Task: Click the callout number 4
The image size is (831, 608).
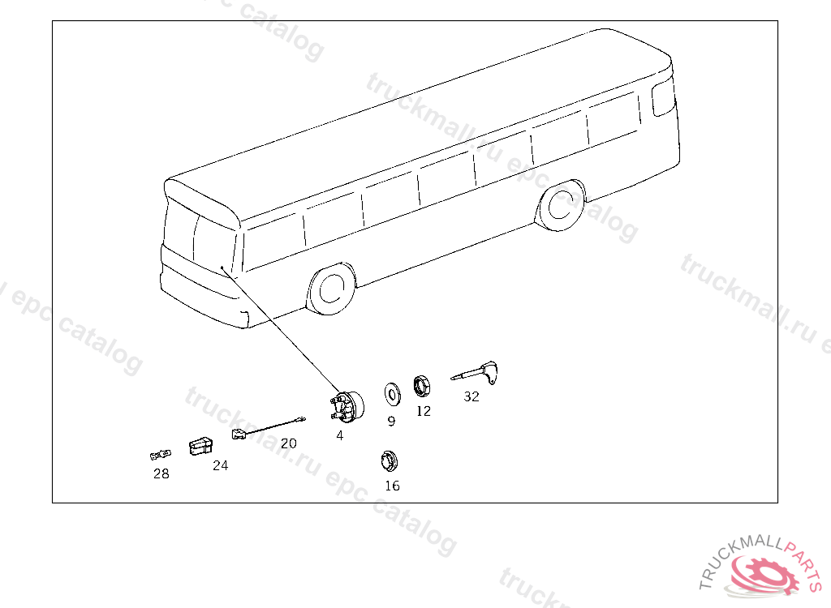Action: [340, 435]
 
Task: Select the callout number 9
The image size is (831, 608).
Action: [391, 421]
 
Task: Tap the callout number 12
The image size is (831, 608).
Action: [424, 411]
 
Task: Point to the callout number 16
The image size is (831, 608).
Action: [392, 486]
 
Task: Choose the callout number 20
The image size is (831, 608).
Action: [288, 443]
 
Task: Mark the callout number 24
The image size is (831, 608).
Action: [221, 465]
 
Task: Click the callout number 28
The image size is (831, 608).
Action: [161, 473]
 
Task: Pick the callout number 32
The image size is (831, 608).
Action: [471, 396]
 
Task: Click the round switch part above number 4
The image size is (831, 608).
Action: [347, 407]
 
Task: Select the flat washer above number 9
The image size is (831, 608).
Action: [393, 394]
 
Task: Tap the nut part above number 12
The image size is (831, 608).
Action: [422, 387]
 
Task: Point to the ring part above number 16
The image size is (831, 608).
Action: [390, 461]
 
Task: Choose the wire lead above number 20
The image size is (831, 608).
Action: [269, 427]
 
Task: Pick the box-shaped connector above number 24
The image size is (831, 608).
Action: [201, 446]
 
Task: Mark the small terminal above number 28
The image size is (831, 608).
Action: [161, 455]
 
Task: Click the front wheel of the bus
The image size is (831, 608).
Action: [331, 288]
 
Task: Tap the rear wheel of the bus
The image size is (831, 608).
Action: [561, 205]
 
